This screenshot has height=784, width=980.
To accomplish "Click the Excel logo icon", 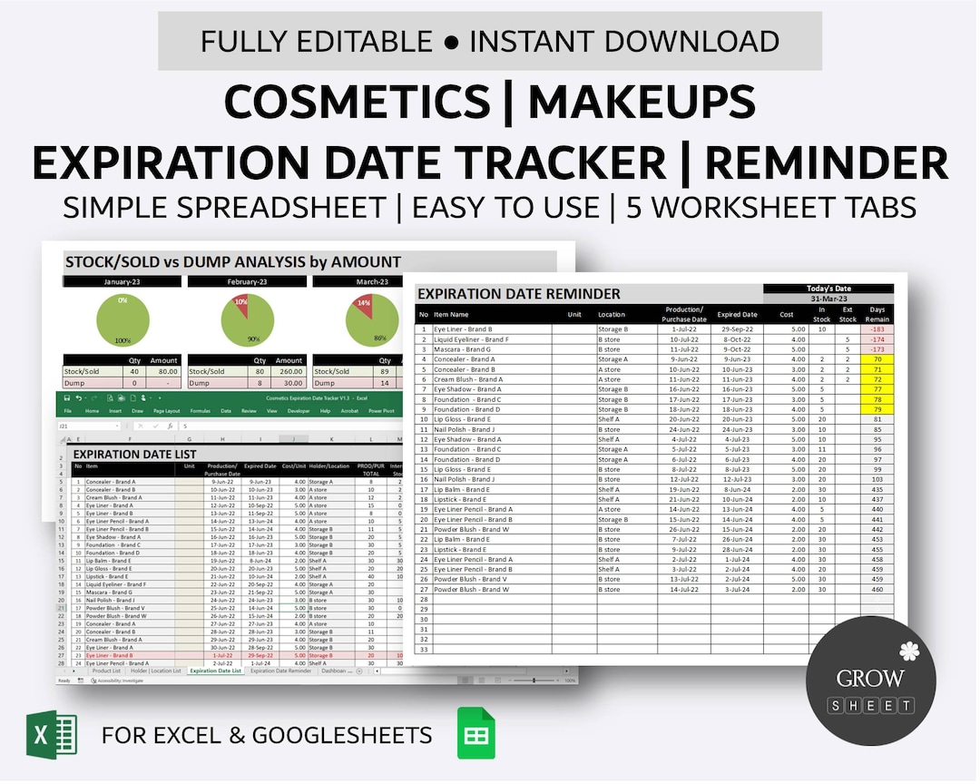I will click(52, 734).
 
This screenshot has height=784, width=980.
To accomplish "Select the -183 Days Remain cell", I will click(877, 329).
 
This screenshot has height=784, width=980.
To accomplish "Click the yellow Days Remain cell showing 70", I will click(877, 359).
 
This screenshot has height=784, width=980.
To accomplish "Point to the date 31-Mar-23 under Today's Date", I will click(828, 299).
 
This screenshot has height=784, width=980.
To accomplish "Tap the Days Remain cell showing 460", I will click(877, 589).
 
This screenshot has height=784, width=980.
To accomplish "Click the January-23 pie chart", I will click(122, 319).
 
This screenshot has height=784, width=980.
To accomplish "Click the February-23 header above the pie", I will click(248, 281).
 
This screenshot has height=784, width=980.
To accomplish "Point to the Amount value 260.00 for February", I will click(289, 370).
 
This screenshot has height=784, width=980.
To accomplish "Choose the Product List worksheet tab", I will click(105, 671).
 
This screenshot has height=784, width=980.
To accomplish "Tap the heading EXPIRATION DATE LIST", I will click(134, 455).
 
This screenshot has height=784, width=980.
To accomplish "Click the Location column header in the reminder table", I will click(611, 314).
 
